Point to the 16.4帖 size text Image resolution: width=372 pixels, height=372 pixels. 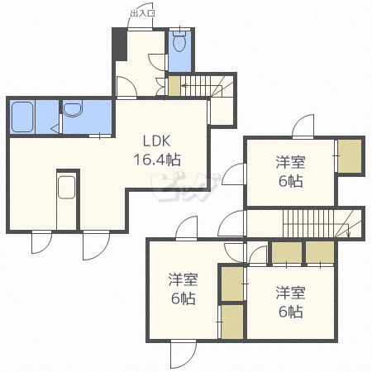tap(157, 159)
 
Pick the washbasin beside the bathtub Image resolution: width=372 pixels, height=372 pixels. tap(72, 109)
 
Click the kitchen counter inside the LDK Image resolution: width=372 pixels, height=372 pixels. tap(66, 198)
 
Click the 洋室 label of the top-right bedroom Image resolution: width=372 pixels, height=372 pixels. tap(289, 161)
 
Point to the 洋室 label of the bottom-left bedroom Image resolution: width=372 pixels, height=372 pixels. tap(183, 279)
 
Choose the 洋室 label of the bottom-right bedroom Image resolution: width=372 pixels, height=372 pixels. tap(289, 292)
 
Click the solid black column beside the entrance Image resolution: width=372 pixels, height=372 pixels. tap(119, 44)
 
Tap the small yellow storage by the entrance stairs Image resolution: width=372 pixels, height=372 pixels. tap(174, 84)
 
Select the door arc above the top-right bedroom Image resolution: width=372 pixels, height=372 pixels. tap(302, 126)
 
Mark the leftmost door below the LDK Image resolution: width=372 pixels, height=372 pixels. tap(41, 243)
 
